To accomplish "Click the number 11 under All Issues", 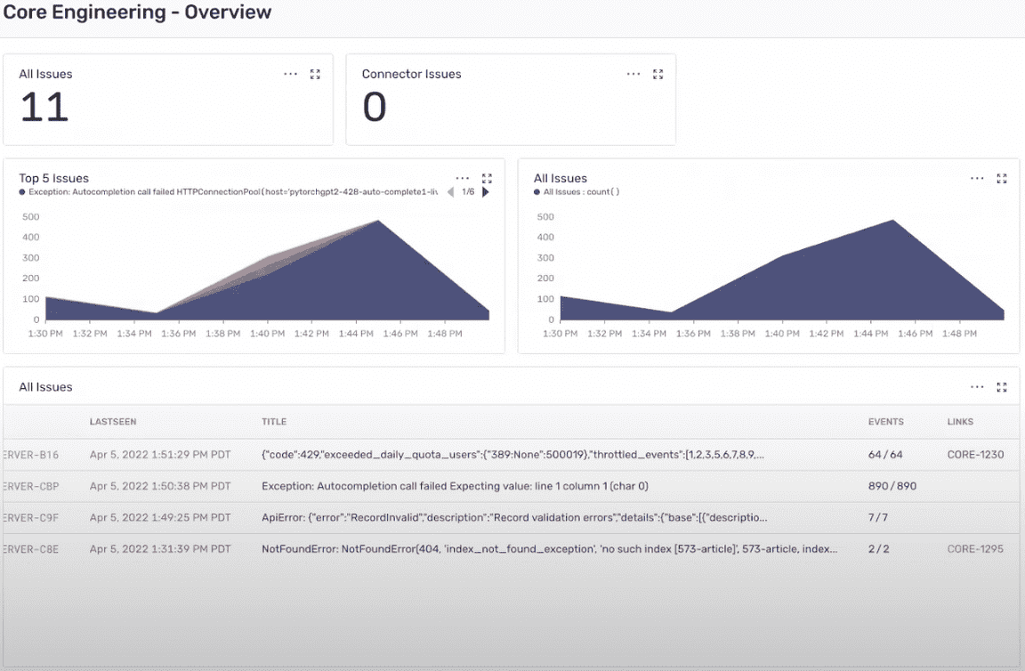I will [44, 108].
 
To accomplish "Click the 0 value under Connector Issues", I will [375, 108].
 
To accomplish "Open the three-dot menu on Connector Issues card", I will [634, 75].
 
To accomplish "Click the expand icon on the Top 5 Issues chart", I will [487, 179].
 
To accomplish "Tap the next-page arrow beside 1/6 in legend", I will [486, 191].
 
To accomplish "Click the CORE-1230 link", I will [975, 455].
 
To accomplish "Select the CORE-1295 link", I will [975, 549].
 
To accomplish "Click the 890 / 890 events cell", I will [892, 487].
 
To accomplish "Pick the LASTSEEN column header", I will [113, 422].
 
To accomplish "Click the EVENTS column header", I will [885, 422].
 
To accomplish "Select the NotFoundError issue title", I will [549, 549].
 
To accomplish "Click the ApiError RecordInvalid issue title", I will [514, 518].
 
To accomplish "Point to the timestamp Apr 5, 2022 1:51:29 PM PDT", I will [160, 455].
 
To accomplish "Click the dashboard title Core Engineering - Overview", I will [137, 12].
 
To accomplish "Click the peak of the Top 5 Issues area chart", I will [378, 221].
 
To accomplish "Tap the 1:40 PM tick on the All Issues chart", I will [781, 334].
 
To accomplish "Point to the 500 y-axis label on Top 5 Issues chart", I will [30, 217].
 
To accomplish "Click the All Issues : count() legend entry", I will [581, 191].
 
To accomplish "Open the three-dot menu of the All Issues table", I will [977, 387].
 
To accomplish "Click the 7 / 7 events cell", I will [878, 518].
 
